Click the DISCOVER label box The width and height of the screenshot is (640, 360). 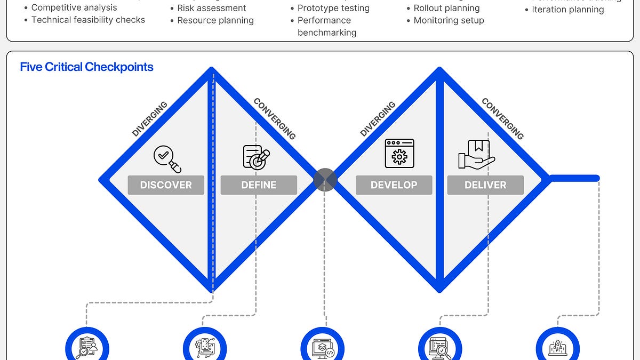pyautogui.click(x=166, y=185)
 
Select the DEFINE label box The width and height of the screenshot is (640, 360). pyautogui.click(x=259, y=185)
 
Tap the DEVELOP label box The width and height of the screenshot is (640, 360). pyautogui.click(x=394, y=185)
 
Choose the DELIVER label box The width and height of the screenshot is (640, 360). pyautogui.click(x=485, y=185)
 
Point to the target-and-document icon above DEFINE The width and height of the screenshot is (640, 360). pyautogui.click(x=257, y=157)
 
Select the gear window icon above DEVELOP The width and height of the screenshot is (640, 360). pyautogui.click(x=399, y=154)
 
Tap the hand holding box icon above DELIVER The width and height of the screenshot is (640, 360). pyautogui.click(x=476, y=155)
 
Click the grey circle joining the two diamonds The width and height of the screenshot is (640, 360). pyautogui.click(x=325, y=180)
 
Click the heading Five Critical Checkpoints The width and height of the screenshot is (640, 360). pyautogui.click(x=86, y=67)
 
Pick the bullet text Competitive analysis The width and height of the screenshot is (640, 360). pyautogui.click(x=74, y=7)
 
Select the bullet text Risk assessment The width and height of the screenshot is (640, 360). pyautogui.click(x=212, y=8)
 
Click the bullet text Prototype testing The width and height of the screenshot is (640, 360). pyautogui.click(x=333, y=8)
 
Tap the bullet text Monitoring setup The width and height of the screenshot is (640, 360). pyautogui.click(x=449, y=20)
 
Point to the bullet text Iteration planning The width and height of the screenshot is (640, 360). pyautogui.click(x=568, y=10)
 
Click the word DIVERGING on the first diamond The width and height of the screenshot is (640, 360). pyautogui.click(x=150, y=119)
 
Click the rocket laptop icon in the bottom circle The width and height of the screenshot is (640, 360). pyautogui.click(x=557, y=348)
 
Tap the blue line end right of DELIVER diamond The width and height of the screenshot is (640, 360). pyautogui.click(x=596, y=178)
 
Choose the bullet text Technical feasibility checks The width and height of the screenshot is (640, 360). pyautogui.click(x=88, y=20)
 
